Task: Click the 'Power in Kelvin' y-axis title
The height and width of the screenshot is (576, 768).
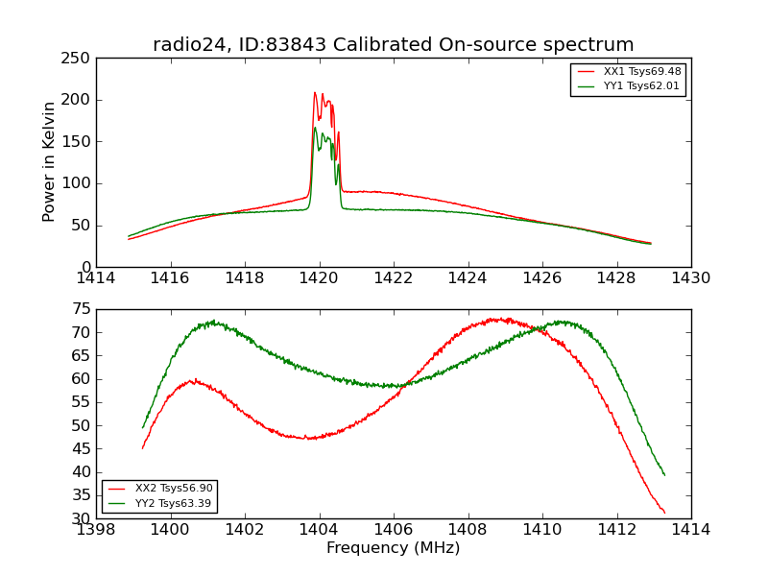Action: [49, 162]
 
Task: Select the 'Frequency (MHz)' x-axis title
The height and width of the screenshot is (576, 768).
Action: [393, 548]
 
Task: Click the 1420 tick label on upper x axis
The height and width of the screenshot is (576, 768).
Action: [319, 277]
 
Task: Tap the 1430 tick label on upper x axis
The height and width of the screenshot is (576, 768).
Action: [690, 277]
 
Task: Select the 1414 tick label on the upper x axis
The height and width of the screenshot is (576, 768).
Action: [96, 277]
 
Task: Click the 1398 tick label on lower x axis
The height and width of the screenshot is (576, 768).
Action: [96, 529]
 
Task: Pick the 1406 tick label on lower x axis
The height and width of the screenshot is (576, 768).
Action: [394, 529]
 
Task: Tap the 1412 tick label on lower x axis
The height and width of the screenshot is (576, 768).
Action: [616, 529]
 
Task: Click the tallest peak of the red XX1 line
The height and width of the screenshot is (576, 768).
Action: [314, 93]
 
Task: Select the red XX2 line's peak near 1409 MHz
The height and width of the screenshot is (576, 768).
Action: [500, 319]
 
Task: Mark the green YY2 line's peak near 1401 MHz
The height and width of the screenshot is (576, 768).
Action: [213, 322]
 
